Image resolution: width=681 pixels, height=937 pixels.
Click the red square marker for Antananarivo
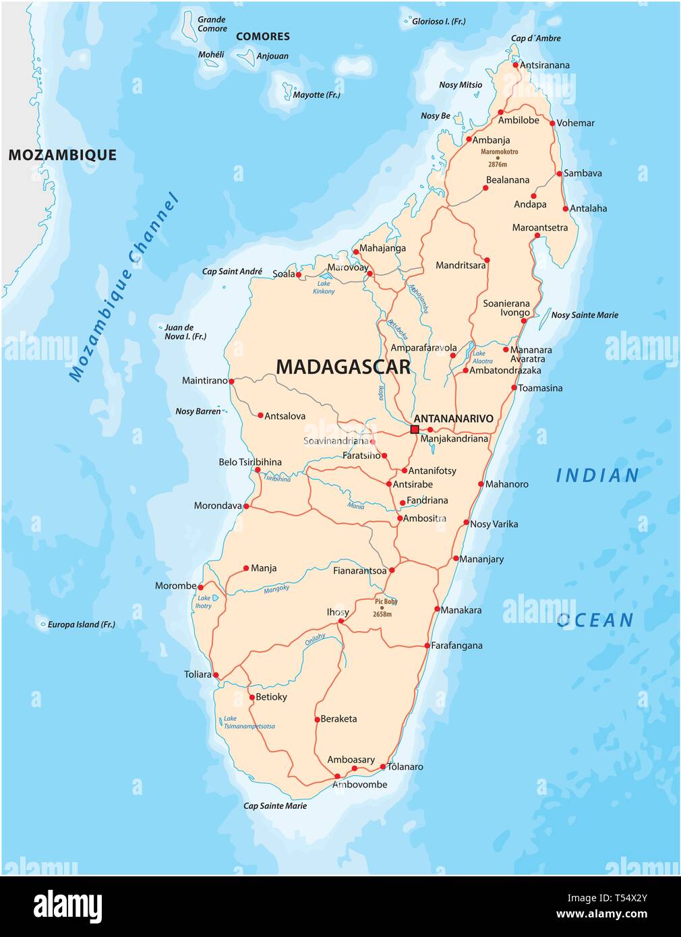click(x=415, y=429)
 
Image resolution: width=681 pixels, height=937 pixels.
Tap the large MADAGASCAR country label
click(x=343, y=367)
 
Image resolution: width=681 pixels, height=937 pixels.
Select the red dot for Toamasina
click(x=514, y=388)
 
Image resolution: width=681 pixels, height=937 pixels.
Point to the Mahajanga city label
click(x=382, y=248)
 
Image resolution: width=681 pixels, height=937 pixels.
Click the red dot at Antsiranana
click(x=515, y=65)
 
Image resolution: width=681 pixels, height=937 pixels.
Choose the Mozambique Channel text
click(x=124, y=288)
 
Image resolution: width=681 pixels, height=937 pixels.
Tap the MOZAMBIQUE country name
click(x=62, y=155)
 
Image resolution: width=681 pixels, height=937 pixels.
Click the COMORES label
click(x=263, y=36)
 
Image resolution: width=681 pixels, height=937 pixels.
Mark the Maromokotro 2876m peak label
click(x=499, y=158)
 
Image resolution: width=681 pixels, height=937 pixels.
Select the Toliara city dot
click(x=216, y=674)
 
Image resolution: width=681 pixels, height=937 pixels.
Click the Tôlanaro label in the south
click(x=405, y=766)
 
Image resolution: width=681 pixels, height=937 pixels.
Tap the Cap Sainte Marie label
click(x=275, y=806)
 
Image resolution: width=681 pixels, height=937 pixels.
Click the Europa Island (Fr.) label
click(x=81, y=624)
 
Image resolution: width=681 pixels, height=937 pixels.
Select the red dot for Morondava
click(x=246, y=506)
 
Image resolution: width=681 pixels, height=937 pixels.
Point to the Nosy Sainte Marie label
click(x=585, y=315)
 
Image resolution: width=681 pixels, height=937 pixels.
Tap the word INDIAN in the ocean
click(x=597, y=476)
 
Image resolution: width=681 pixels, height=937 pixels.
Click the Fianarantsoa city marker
click(x=392, y=570)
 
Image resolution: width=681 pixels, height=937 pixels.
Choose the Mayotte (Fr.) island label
click(x=316, y=95)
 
